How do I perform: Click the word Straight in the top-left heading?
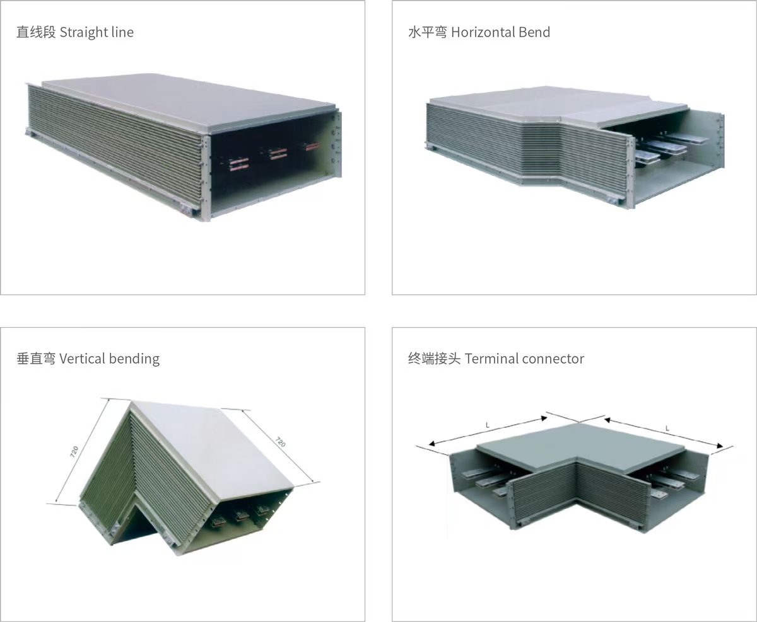(84, 33)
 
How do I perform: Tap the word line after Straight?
(122, 32)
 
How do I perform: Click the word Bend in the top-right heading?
(535, 32)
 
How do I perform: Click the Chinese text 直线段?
(36, 32)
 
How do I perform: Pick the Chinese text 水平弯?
(428, 32)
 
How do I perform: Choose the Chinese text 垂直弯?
(36, 359)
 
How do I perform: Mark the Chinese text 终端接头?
(434, 359)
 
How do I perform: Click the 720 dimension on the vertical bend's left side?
(74, 451)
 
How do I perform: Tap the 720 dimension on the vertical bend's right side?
(280, 442)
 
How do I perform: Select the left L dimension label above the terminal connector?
(488, 425)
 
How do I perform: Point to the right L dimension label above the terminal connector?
(667, 429)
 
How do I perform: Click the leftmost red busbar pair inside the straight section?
(239, 164)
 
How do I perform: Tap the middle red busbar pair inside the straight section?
(278, 153)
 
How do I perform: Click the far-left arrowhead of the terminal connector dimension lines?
(432, 444)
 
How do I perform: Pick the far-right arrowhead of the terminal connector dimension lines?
(720, 446)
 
